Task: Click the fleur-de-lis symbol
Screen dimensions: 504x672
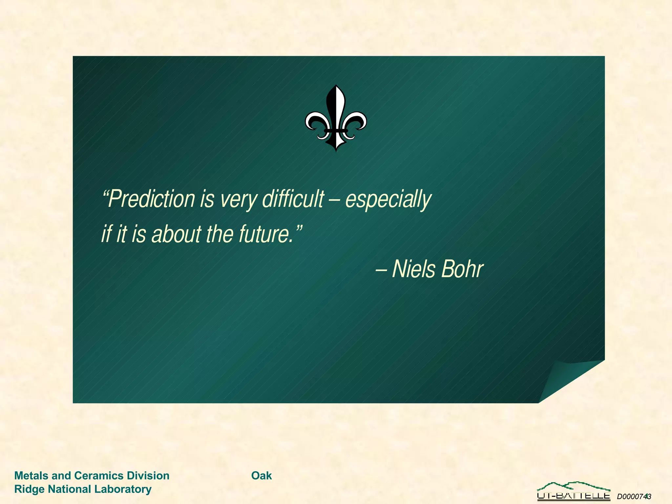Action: [x=336, y=118]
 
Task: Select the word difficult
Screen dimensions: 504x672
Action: [x=293, y=199]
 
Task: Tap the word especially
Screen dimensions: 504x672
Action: [x=388, y=199]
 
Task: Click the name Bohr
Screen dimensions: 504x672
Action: [x=462, y=269]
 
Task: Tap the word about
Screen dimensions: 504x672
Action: [x=177, y=234]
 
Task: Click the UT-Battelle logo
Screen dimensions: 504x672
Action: [x=573, y=491]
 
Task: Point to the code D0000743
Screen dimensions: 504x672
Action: [x=634, y=496]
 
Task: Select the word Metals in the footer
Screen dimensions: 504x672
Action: [x=31, y=475]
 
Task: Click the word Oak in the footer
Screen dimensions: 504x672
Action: [x=262, y=475]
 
